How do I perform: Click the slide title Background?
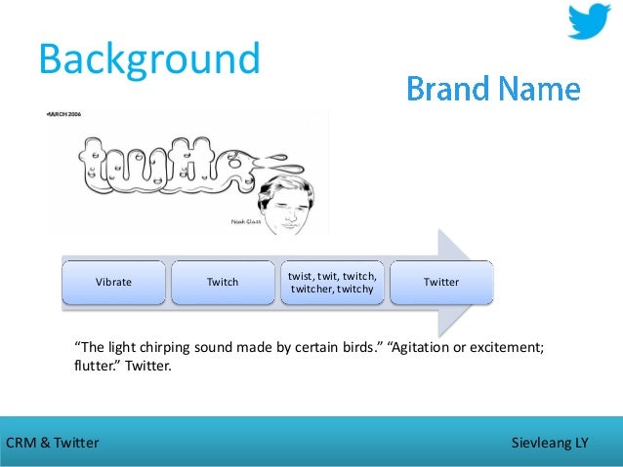149,58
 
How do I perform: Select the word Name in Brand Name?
540,90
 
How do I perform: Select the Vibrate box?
113,282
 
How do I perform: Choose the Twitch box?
223,282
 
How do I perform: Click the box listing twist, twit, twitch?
332,282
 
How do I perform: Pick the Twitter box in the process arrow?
441,282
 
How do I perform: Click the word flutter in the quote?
95,369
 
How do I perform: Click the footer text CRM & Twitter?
53,443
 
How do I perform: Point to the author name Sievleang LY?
550,443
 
